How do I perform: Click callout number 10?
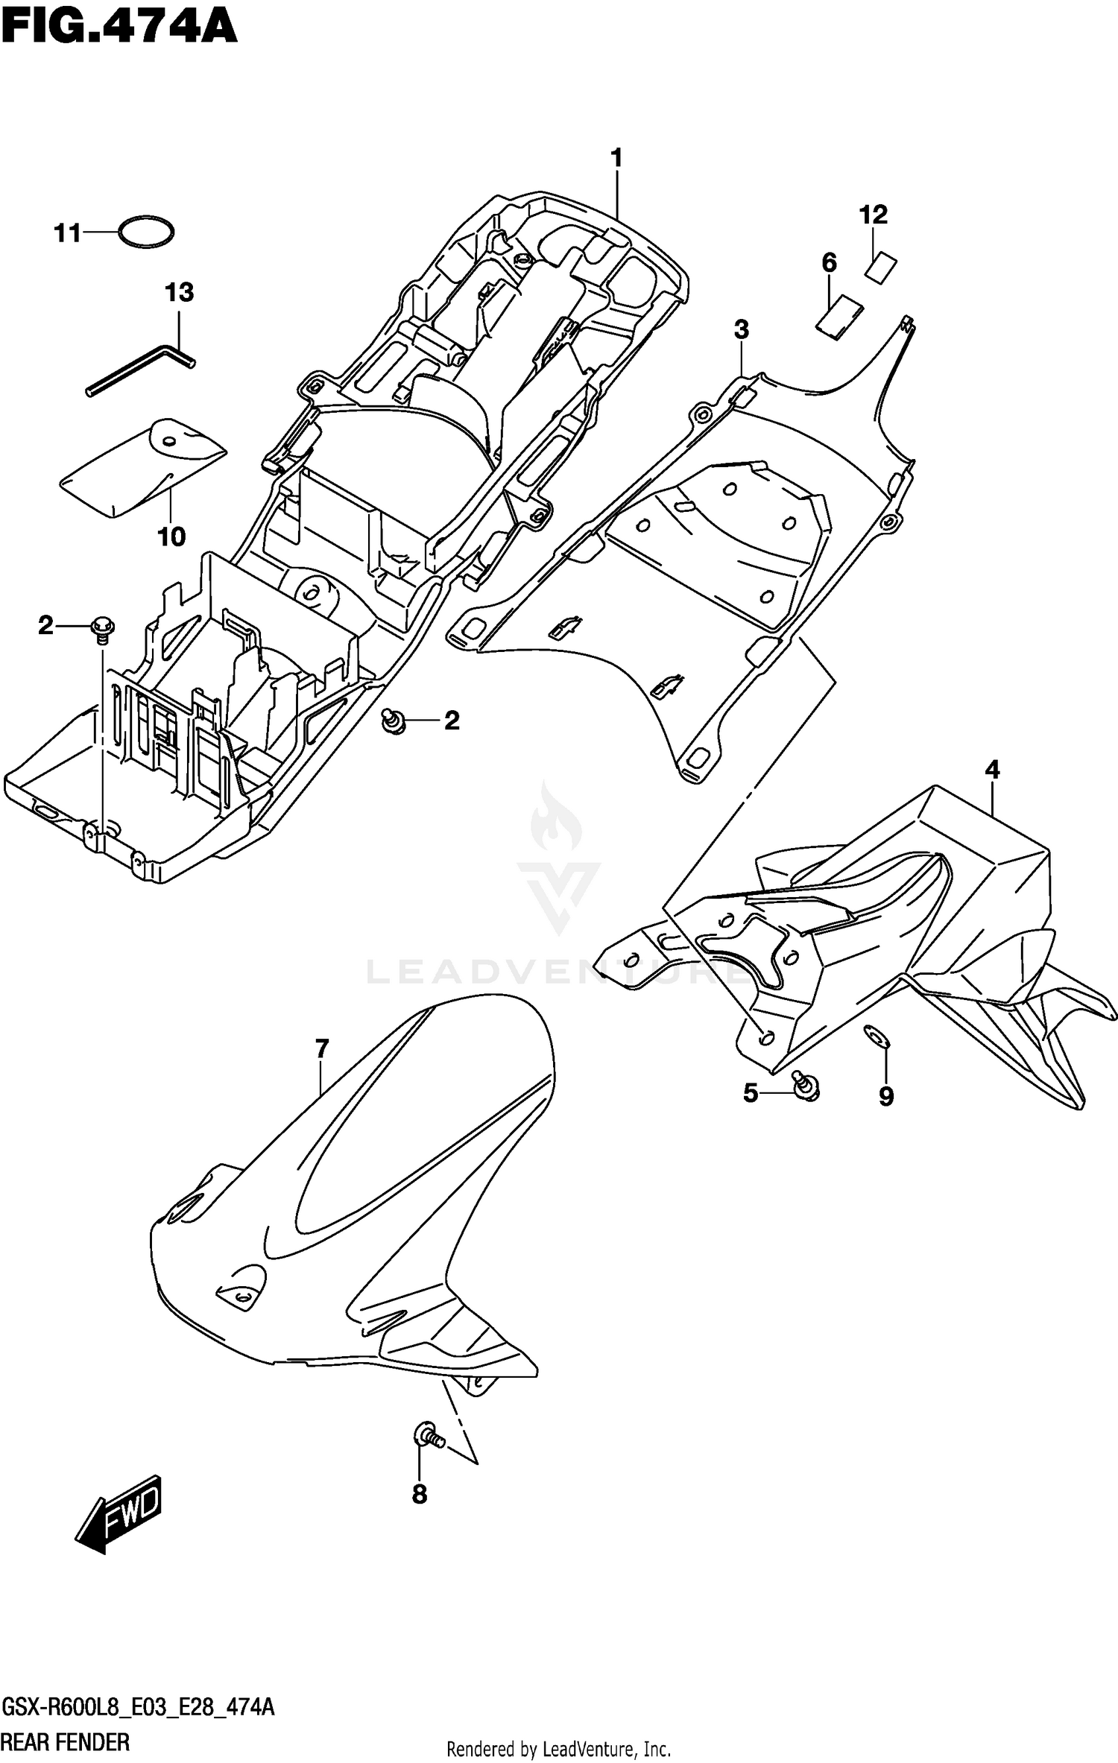tap(171, 537)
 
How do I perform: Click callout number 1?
tap(616, 158)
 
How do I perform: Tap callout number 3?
tap(741, 329)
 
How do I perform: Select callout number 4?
tap(992, 769)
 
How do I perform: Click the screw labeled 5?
tap(805, 1088)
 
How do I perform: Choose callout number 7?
tap(321, 1049)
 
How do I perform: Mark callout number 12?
tap(874, 215)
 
